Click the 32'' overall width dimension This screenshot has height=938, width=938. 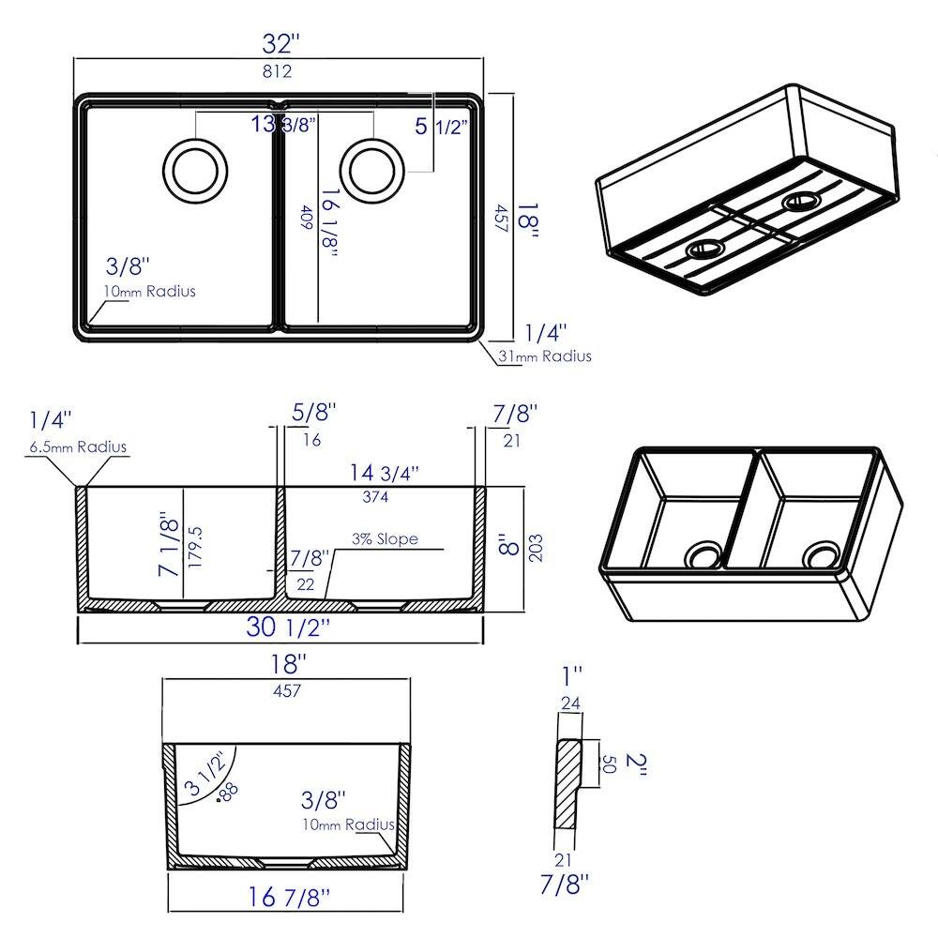click(x=280, y=44)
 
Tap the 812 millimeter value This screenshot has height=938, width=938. click(x=278, y=72)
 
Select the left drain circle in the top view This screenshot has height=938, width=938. click(x=195, y=171)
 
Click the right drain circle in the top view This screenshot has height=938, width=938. click(x=372, y=171)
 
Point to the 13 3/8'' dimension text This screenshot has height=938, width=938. click(x=283, y=124)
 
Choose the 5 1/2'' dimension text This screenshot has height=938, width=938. click(x=442, y=127)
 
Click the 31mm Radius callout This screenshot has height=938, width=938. click(x=545, y=356)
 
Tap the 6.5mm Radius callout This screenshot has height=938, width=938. click(x=78, y=446)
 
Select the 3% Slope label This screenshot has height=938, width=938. click(x=385, y=539)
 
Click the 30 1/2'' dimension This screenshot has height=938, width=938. click(x=288, y=627)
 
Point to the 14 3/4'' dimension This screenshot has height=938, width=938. click(x=384, y=473)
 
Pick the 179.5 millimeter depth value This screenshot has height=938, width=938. click(x=195, y=548)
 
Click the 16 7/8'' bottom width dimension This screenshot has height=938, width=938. click(x=289, y=898)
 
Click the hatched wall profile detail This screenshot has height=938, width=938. click(x=568, y=783)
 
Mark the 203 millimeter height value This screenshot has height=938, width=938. click(x=536, y=548)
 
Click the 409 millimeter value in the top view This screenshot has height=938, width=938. click(x=307, y=218)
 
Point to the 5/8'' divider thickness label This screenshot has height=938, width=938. click(x=314, y=412)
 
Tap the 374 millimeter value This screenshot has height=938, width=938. click(x=375, y=496)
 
